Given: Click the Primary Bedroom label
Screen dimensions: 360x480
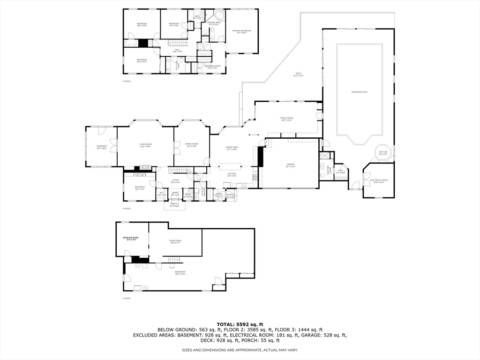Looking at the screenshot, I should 242,31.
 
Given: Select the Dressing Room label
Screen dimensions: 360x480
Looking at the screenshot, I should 212,67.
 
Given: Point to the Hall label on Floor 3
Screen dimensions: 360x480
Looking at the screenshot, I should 178,50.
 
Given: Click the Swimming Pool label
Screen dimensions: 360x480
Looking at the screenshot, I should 359,92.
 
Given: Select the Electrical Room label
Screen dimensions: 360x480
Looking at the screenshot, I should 379,181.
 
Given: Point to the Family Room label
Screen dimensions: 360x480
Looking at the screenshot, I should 286,119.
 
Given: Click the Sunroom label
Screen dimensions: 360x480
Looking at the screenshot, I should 102,147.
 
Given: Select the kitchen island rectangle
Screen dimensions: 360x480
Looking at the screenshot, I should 230,165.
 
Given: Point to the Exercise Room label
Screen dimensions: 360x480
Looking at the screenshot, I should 131,238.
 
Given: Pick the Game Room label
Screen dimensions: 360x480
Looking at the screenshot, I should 175,242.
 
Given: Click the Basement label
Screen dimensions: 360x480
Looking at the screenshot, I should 180,272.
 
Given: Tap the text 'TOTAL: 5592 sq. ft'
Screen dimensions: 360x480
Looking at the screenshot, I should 240,324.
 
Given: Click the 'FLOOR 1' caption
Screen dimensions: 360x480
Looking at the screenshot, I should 127,298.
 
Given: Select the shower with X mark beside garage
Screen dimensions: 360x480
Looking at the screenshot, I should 324,157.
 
